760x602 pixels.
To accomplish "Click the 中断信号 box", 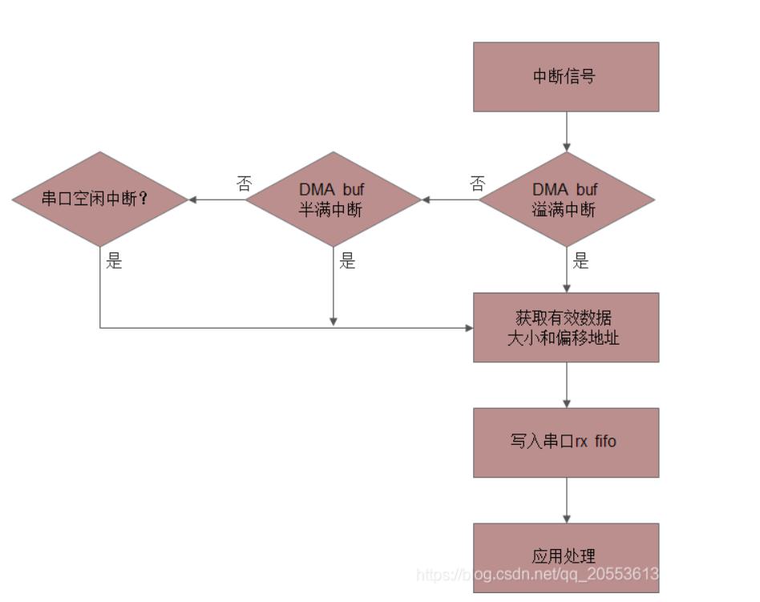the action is click(x=566, y=77).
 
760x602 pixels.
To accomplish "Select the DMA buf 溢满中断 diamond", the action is click(x=567, y=200).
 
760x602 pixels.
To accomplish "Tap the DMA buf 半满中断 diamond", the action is click(x=333, y=200).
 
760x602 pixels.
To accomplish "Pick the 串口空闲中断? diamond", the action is click(x=100, y=200).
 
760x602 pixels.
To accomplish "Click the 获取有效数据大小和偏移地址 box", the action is click(x=566, y=327).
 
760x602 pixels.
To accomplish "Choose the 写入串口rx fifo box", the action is click(x=566, y=442).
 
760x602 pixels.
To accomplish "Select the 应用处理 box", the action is click(x=566, y=557).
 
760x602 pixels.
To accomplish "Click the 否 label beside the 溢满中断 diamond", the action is click(x=478, y=184).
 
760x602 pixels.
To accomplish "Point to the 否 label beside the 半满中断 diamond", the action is click(x=245, y=184).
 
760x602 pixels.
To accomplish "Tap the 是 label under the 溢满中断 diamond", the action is click(x=580, y=261).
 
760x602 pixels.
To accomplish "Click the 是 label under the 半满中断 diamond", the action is click(x=347, y=261).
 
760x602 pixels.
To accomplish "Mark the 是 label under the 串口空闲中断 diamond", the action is click(x=114, y=261).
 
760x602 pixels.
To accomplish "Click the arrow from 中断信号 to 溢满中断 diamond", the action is click(x=567, y=131).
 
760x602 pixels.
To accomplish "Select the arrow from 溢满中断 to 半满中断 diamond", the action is click(x=451, y=200).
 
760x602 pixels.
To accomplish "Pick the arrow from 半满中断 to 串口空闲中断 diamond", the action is click(x=216, y=200).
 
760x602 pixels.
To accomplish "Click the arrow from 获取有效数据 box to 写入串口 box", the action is click(x=567, y=385).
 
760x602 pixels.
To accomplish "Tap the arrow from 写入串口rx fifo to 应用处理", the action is click(x=567, y=500).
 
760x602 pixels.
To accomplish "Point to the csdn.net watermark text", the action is click(x=537, y=575).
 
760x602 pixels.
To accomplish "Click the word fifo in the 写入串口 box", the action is click(x=605, y=441).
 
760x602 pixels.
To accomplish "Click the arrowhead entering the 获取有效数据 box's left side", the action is click(x=469, y=328).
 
